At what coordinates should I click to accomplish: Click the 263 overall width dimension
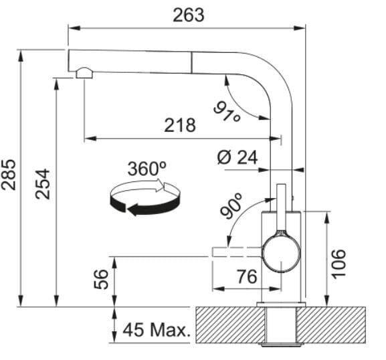pyautogui.click(x=189, y=15)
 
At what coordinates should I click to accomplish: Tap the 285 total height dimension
pyautogui.click(x=9, y=175)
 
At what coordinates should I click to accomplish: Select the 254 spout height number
pyautogui.click(x=42, y=184)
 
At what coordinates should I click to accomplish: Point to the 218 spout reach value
pyautogui.click(x=180, y=125)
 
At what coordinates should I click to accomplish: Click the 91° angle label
pyautogui.click(x=227, y=112)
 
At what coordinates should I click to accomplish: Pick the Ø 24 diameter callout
pyautogui.click(x=237, y=157)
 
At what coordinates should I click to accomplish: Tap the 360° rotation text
pyautogui.click(x=147, y=169)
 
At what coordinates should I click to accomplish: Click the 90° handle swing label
pyautogui.click(x=231, y=206)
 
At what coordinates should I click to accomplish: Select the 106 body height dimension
pyautogui.click(x=339, y=264)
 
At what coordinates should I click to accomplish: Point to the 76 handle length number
pyautogui.click(x=247, y=276)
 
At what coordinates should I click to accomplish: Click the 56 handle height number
pyautogui.click(x=101, y=279)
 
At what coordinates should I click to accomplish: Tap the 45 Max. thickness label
pyautogui.click(x=157, y=330)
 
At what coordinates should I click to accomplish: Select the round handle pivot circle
pyautogui.click(x=281, y=254)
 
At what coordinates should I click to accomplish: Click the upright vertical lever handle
pyautogui.click(x=281, y=207)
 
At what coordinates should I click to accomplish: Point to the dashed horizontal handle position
pyautogui.click(x=237, y=252)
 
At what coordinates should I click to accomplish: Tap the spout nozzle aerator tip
pyautogui.click(x=84, y=73)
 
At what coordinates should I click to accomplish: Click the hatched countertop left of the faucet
pyautogui.click(x=231, y=325)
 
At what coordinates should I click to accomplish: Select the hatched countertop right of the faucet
pyautogui.click(x=331, y=325)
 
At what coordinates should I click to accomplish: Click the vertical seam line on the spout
pyautogui.click(x=191, y=62)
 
